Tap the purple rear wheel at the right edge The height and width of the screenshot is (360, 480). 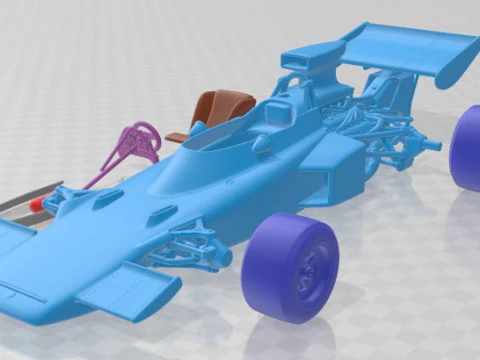[x=466, y=148]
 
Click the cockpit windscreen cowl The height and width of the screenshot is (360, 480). [x=215, y=145]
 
